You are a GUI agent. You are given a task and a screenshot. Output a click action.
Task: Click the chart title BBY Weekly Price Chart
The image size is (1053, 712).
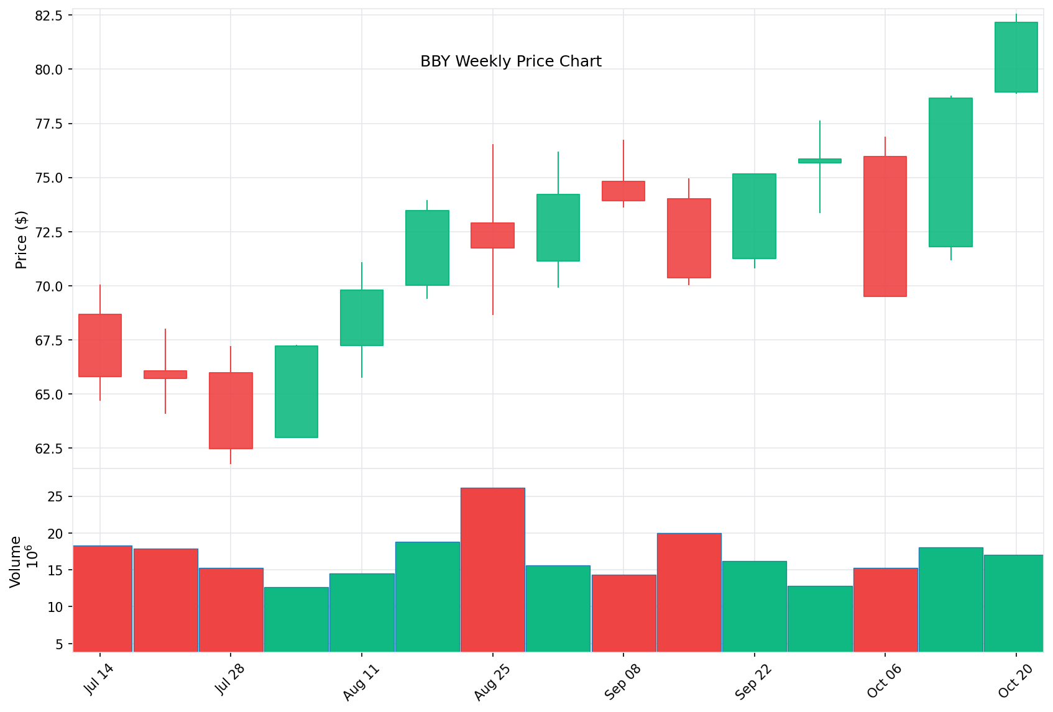[511, 62]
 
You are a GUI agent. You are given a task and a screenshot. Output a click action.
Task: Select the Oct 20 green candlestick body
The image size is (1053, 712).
[1016, 57]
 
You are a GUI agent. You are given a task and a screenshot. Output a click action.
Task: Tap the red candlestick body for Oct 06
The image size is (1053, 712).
[885, 226]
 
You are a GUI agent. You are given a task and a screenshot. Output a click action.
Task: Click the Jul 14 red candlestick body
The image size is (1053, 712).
[100, 345]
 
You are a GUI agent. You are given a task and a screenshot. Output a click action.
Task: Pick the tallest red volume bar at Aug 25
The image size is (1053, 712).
[492, 569]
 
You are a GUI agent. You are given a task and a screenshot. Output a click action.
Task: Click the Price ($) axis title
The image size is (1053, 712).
[21, 240]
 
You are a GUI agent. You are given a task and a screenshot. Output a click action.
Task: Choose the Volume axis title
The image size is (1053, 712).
[16, 561]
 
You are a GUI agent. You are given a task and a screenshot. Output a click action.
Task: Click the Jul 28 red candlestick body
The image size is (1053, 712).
[231, 410]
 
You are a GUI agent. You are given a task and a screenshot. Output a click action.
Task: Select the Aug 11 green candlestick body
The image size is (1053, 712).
[362, 317]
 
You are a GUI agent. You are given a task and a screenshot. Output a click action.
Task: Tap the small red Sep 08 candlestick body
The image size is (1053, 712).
[623, 191]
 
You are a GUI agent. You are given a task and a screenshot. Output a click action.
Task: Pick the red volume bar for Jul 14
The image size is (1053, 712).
[103, 598]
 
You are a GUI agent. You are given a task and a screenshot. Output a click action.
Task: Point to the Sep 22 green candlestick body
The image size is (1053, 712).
[754, 216]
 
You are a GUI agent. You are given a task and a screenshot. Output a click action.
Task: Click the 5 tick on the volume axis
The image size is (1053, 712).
[60, 644]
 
